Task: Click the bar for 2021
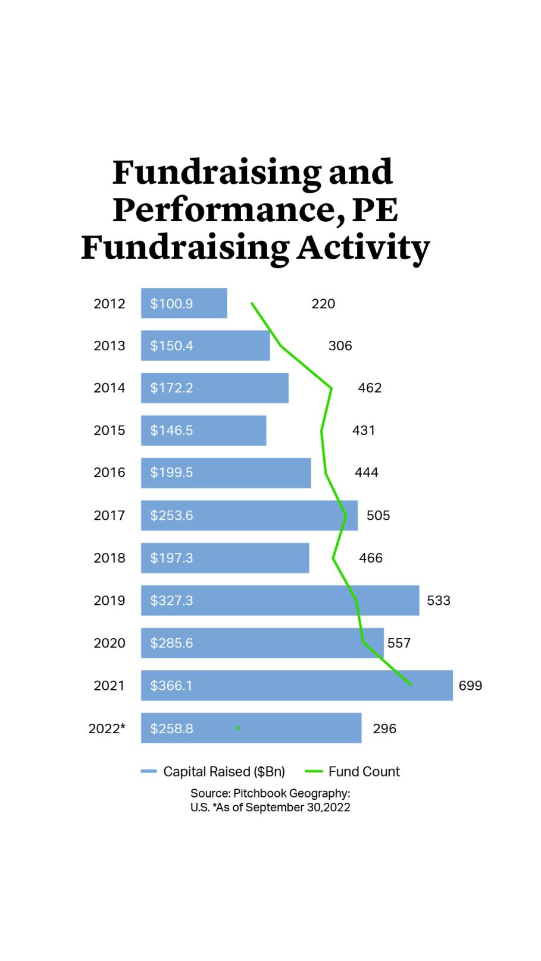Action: (x=296, y=685)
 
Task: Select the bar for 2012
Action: (x=183, y=303)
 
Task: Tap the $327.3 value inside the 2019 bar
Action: (x=171, y=600)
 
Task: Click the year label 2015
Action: (x=109, y=430)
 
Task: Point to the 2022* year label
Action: (x=107, y=728)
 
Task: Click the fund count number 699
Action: (x=470, y=686)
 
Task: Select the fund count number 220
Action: (x=323, y=304)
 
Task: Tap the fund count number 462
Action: (x=370, y=388)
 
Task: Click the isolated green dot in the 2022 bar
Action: (x=238, y=728)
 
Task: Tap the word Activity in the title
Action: (x=364, y=247)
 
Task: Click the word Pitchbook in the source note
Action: (x=259, y=793)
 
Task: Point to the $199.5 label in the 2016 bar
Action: (x=171, y=472)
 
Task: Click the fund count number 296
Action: (x=384, y=728)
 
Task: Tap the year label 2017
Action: (x=109, y=515)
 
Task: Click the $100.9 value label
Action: (x=171, y=303)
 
